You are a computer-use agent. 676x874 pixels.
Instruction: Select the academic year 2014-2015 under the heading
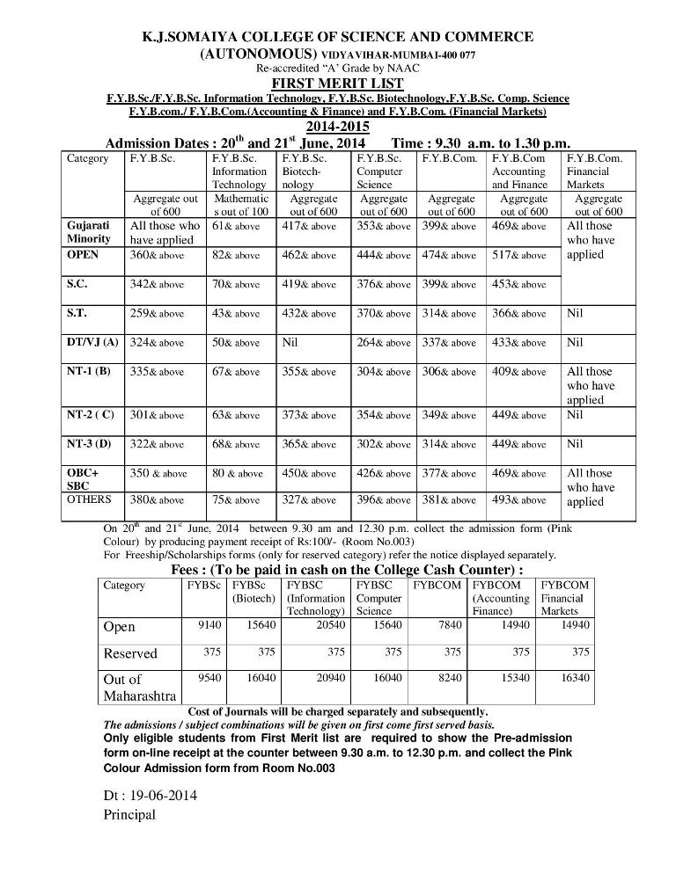338,127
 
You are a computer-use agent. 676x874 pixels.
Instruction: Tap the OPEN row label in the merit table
83,255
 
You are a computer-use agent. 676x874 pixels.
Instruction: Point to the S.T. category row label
77,313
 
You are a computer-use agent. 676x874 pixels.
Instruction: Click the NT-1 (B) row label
89,371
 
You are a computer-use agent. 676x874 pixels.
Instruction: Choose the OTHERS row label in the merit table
89,499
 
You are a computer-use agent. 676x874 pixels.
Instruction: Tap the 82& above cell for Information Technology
235,255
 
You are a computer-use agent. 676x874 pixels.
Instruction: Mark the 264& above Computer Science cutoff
383,342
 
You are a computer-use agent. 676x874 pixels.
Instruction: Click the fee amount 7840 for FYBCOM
445,626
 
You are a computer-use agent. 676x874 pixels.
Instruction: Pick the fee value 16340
573,679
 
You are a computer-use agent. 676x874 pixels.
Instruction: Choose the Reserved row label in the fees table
130,653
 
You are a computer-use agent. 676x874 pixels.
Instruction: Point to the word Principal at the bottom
129,814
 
